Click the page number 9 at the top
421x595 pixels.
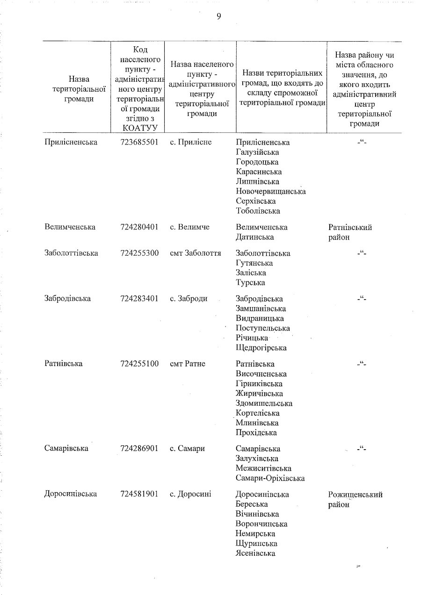218,17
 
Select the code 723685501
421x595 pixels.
139,142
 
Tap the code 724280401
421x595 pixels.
139,227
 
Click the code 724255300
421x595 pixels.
139,253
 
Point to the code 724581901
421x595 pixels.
139,494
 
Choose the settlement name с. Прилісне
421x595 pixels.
191,142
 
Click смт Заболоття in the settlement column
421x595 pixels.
196,253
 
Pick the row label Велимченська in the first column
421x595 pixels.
70,227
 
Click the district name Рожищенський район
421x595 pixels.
356,499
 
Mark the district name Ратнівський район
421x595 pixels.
350,232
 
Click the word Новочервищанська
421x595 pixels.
271,192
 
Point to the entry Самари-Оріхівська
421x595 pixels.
270,478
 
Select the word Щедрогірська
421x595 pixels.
261,348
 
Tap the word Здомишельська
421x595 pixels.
264,403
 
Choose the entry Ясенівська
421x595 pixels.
255,553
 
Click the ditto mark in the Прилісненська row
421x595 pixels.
362,142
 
